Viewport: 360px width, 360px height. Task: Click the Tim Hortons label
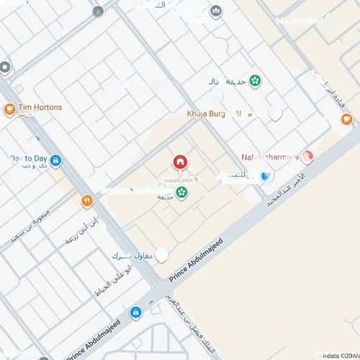pos(40,107)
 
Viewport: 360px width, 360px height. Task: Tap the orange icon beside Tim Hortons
pos(9,109)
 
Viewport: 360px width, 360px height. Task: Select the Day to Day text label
pos(28,159)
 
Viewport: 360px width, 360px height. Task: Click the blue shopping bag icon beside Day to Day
pos(56,161)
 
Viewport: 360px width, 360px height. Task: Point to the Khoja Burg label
pos(210,114)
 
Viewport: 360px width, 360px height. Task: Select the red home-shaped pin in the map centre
pos(179,162)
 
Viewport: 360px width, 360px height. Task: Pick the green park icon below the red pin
pos(181,192)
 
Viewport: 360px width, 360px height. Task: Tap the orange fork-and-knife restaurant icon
pos(87,201)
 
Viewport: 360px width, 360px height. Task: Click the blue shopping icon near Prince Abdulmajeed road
pos(135,312)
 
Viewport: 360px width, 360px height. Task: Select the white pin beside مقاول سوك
pos(162,255)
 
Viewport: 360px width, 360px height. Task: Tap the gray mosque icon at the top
pos(215,12)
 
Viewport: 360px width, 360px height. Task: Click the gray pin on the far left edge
pos(5,68)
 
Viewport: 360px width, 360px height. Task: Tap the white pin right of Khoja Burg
pos(274,114)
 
